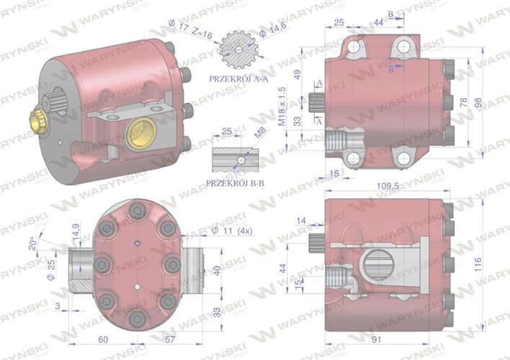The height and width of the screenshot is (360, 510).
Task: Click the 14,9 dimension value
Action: pyautogui.click(x=76, y=231)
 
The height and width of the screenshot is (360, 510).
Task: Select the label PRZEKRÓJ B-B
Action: pyautogui.click(x=236, y=184)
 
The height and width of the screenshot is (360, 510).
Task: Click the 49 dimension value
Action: pyautogui.click(x=297, y=76)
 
